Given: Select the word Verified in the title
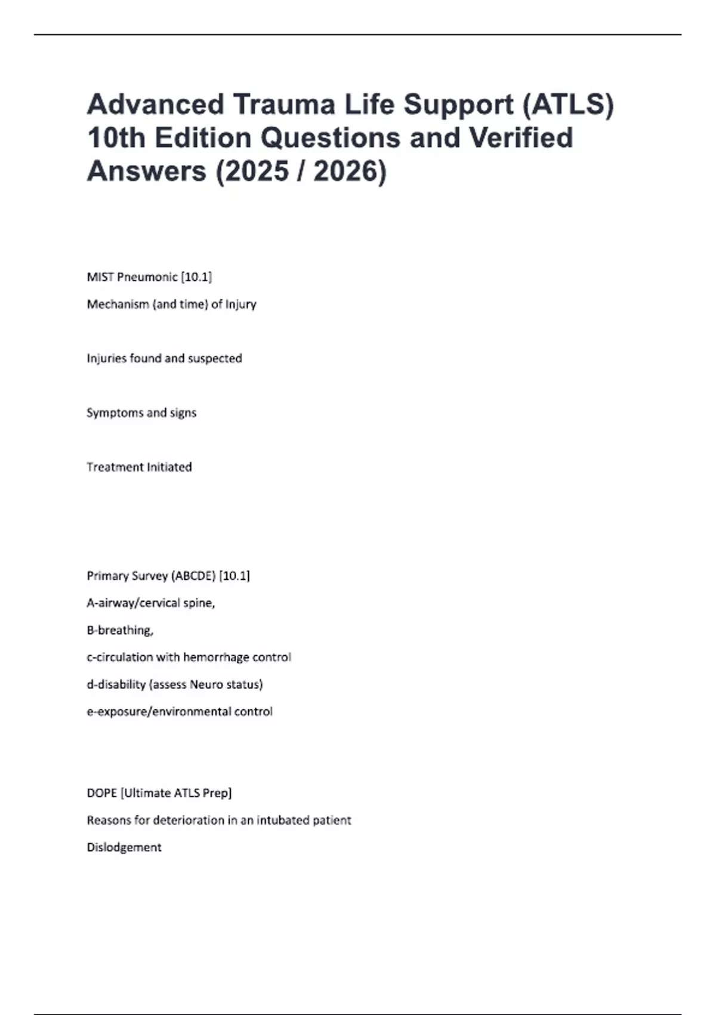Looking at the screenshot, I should [x=520, y=138].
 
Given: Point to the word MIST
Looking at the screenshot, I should [x=100, y=277].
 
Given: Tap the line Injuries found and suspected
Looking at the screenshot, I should [x=164, y=358].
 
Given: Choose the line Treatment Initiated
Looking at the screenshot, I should [x=139, y=467].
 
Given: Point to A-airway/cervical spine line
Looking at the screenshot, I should [x=150, y=603].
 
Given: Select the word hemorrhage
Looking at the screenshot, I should [x=216, y=657].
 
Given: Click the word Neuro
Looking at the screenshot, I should [x=205, y=684].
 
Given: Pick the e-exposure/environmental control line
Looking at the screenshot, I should [x=180, y=712].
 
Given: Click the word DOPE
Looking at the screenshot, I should [x=102, y=793].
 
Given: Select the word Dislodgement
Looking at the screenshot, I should [x=124, y=847].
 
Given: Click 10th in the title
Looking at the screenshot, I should [x=116, y=138].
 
